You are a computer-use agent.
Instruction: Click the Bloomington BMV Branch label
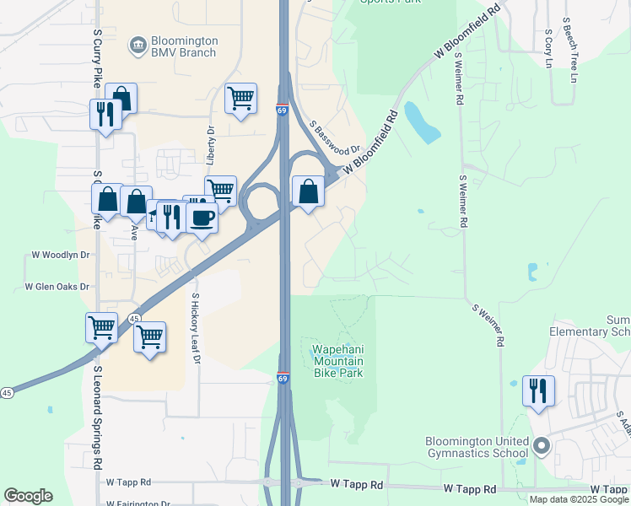183,46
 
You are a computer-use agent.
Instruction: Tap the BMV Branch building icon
137,42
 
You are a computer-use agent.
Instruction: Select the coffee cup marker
202,218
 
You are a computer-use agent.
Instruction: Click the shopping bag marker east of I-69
309,191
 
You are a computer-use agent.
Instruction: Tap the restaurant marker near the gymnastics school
537,390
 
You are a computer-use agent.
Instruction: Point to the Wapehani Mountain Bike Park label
338,361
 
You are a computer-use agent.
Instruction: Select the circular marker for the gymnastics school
542,445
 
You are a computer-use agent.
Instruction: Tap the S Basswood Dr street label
335,137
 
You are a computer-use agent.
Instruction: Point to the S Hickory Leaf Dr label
196,328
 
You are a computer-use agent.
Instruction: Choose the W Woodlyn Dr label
61,254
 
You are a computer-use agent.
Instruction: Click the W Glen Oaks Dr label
57,287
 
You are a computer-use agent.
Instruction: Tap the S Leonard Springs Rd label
98,417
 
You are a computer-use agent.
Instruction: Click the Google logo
28,496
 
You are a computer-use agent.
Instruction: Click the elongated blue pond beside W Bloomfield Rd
421,122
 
